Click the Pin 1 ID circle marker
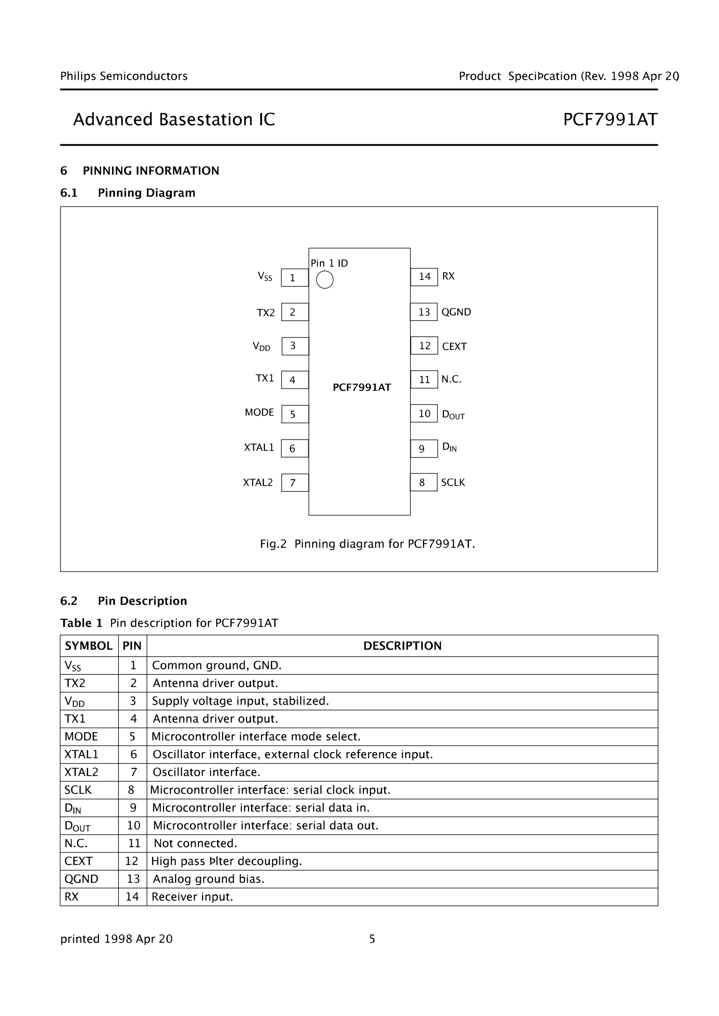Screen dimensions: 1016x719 pyautogui.click(x=324, y=279)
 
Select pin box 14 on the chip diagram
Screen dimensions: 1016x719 pyautogui.click(x=424, y=277)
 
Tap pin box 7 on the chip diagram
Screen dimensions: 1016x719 pyautogui.click(x=294, y=483)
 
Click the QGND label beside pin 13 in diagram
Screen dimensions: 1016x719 pyautogui.click(x=456, y=312)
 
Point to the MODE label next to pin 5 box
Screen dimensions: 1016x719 pyautogui.click(x=259, y=413)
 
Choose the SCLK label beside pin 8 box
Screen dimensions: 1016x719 pyautogui.click(x=453, y=483)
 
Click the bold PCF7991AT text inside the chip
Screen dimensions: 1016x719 pyautogui.click(x=362, y=388)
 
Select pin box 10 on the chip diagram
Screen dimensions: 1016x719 pyautogui.click(x=424, y=414)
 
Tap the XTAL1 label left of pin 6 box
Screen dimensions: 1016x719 pyautogui.click(x=259, y=447)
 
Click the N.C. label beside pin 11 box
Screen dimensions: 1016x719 pyautogui.click(x=451, y=379)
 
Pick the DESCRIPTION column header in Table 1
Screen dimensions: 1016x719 pyautogui.click(x=402, y=646)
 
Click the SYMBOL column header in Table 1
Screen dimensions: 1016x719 pyautogui.click(x=89, y=646)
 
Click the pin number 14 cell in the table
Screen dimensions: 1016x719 pyautogui.click(x=132, y=897)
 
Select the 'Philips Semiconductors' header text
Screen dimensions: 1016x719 pyautogui.click(x=124, y=76)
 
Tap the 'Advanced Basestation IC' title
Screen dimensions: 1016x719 pyautogui.click(x=174, y=120)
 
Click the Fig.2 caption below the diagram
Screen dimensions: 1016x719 pyautogui.click(x=367, y=544)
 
